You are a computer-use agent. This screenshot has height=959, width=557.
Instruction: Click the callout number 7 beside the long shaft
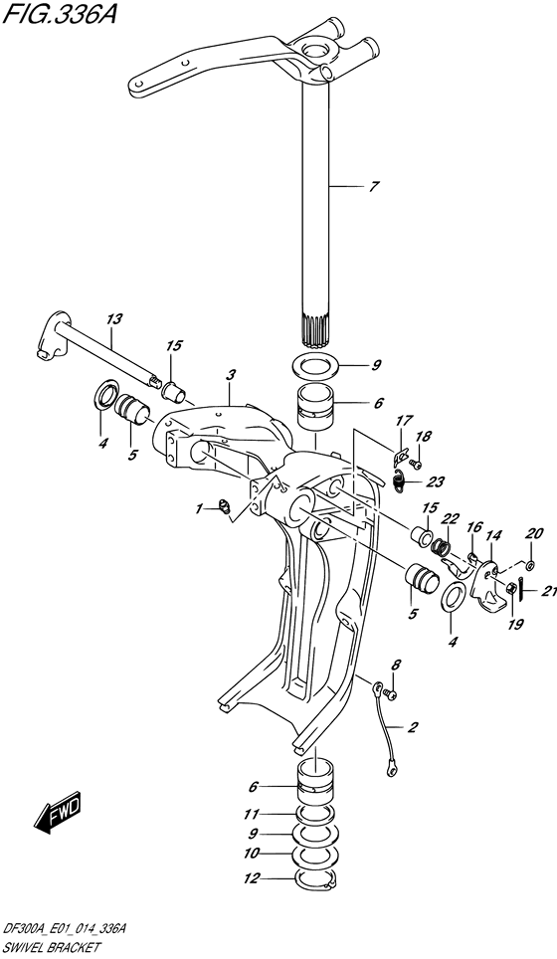coord(374,187)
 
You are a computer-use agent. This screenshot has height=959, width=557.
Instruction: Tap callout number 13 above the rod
coord(114,318)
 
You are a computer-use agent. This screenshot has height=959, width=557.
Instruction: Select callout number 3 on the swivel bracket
coord(230,375)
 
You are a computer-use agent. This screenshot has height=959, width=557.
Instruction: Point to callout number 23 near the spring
coord(436,482)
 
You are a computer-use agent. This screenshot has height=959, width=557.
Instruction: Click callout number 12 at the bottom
coord(252,879)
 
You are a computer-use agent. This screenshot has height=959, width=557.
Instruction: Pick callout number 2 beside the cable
coord(413,727)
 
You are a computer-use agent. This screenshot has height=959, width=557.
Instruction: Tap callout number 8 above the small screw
coord(396,666)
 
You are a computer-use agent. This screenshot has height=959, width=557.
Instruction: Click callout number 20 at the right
coord(534,534)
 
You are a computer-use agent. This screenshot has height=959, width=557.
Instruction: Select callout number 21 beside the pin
coord(549,591)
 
